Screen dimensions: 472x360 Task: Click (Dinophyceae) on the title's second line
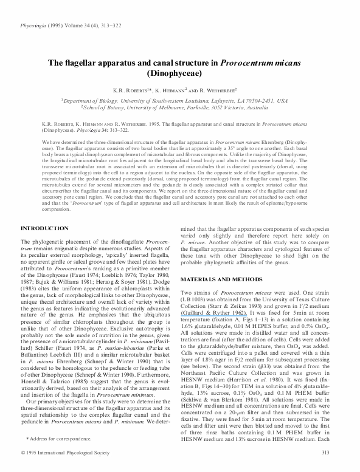point(179,74)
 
